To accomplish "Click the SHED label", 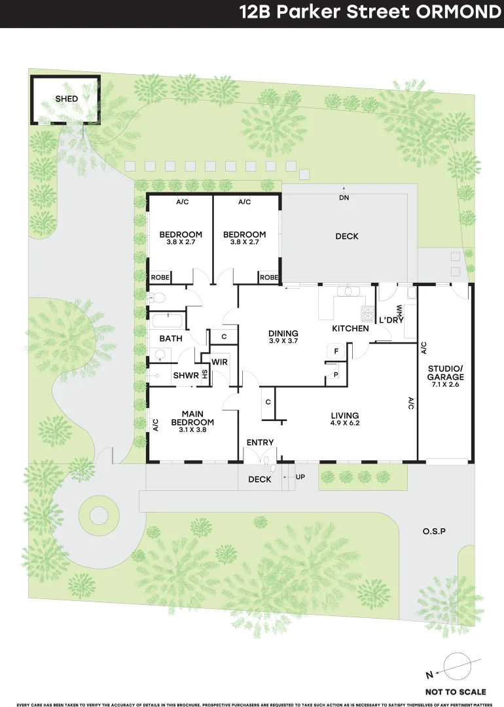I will [x=66, y=99].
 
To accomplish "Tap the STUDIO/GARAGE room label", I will [x=445, y=373].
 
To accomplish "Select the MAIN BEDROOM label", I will [x=192, y=417].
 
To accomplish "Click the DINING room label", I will [x=283, y=333].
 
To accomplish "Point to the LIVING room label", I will [x=344, y=415].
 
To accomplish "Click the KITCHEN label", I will [x=350, y=328].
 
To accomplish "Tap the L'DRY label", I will [x=391, y=320].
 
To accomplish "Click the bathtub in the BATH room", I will [x=167, y=321].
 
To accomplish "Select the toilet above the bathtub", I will [x=157, y=298].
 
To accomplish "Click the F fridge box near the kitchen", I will [x=336, y=352].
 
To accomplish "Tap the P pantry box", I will [x=336, y=374].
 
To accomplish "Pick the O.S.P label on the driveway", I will [x=433, y=531].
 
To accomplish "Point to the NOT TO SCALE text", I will [x=456, y=691].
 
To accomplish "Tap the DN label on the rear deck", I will [x=344, y=197].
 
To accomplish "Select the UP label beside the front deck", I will [x=300, y=477].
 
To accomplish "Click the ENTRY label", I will [x=260, y=443].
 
